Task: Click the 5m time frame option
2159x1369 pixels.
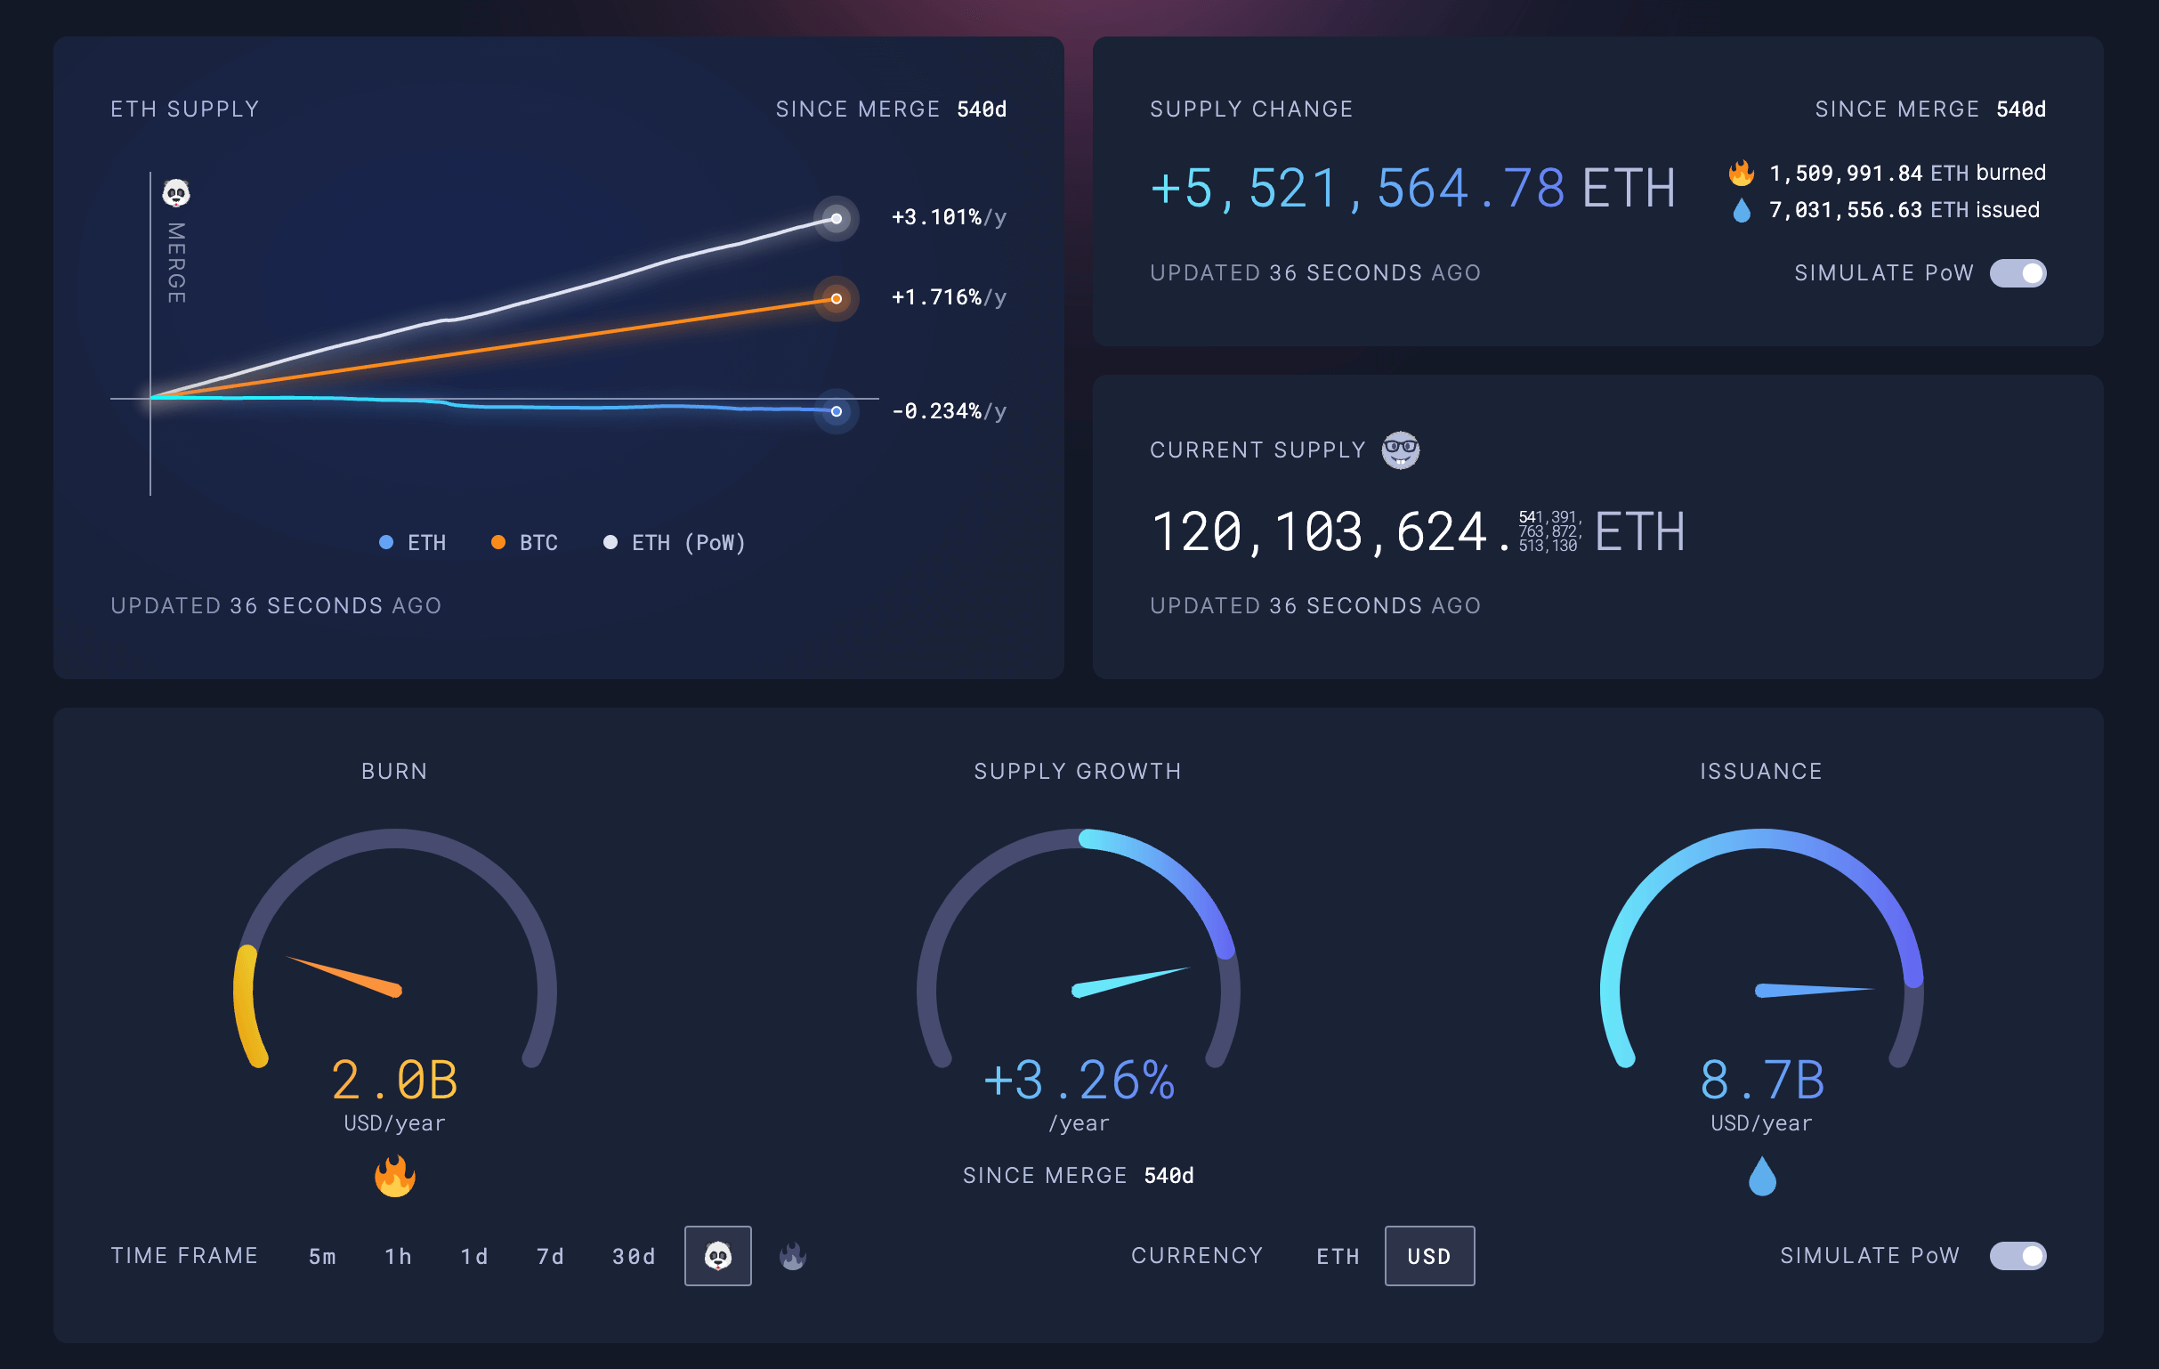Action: click(x=322, y=1256)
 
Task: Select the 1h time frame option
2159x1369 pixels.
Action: click(x=398, y=1256)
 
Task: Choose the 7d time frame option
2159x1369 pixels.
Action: click(x=551, y=1256)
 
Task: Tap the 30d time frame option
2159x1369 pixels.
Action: click(x=633, y=1256)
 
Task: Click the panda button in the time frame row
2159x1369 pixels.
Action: click(x=717, y=1256)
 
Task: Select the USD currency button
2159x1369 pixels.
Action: click(x=1428, y=1256)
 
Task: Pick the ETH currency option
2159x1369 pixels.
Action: click(x=1338, y=1256)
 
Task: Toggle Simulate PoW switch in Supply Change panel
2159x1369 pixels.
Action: click(x=2017, y=272)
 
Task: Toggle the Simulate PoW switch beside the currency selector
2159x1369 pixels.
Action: click(x=2017, y=1255)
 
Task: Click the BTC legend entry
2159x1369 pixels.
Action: click(x=525, y=542)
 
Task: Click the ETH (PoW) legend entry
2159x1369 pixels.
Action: click(x=675, y=542)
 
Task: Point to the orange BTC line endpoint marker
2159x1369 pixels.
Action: click(x=836, y=298)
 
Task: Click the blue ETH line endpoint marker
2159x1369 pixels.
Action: click(x=836, y=411)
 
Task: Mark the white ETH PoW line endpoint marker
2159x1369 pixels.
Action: click(x=836, y=219)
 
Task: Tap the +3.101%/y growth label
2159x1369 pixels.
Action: click(x=948, y=217)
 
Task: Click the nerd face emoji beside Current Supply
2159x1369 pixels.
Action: click(x=1400, y=450)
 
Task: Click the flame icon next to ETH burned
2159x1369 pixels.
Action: click(x=1742, y=172)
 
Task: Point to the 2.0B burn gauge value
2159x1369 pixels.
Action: click(x=394, y=1080)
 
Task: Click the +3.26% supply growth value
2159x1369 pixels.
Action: click(x=1079, y=1080)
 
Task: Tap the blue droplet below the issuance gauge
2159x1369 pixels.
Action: click(x=1762, y=1175)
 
